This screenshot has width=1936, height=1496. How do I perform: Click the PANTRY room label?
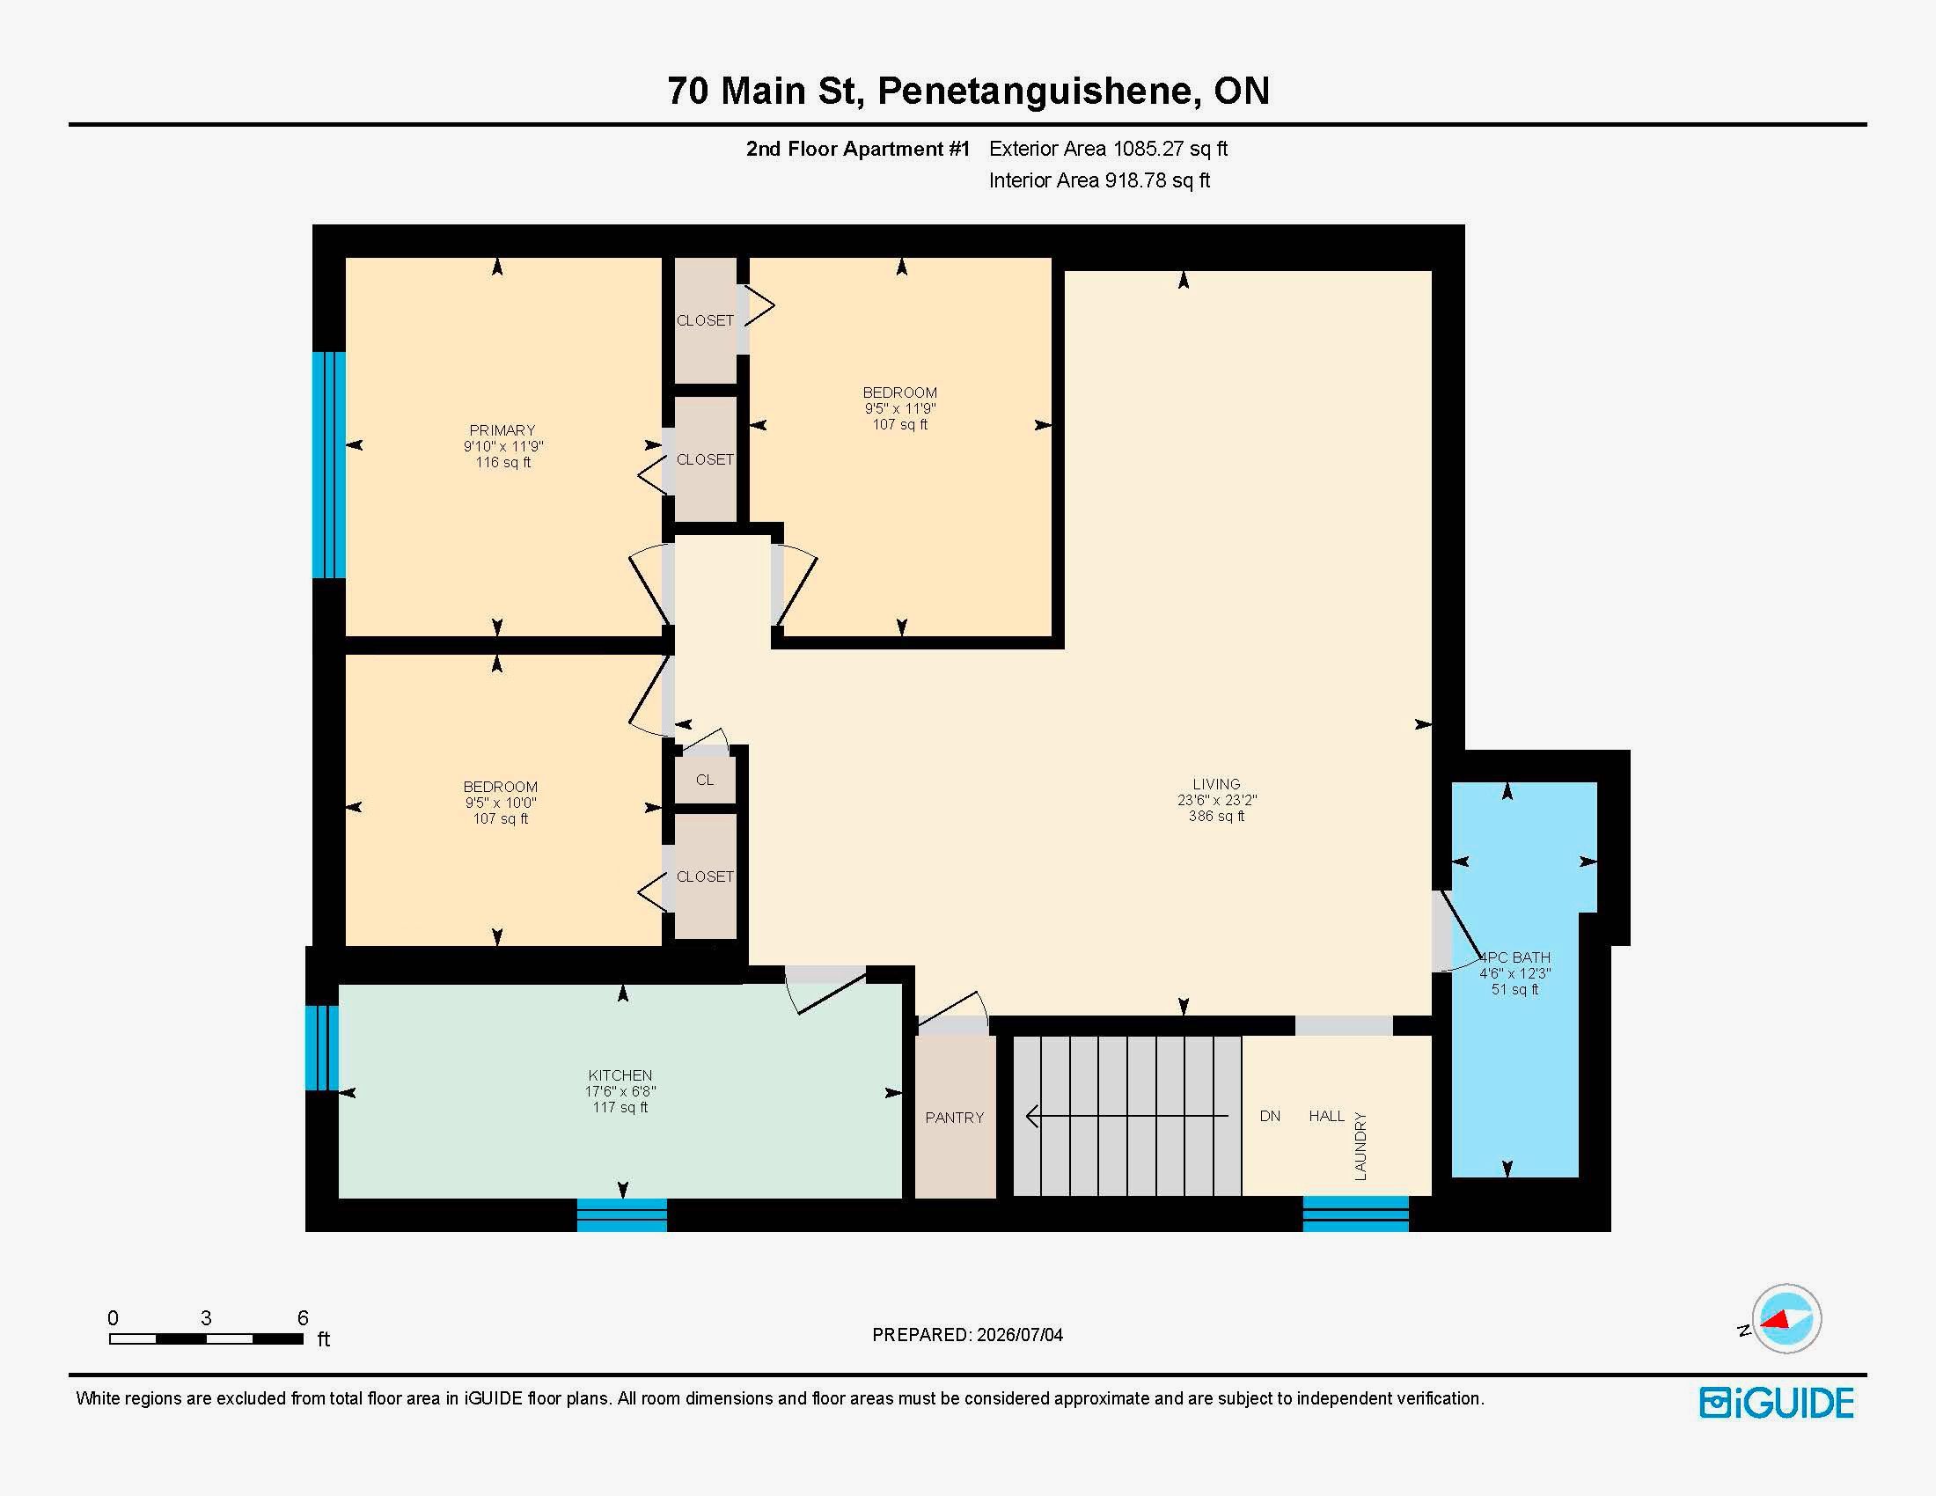coord(954,1118)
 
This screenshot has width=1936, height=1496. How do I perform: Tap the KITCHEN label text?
coord(620,1075)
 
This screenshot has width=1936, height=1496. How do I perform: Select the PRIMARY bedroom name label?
coord(502,429)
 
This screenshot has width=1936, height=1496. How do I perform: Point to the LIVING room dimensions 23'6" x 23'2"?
coord(1216,799)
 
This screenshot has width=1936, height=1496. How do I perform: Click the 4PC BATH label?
coord(1515,957)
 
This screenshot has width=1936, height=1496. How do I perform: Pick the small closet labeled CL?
coord(705,780)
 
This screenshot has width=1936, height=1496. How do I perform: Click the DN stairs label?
coord(1269,1116)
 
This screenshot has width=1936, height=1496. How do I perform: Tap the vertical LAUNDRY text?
coord(1360,1146)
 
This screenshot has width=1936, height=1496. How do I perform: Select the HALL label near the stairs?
coord(1326,1116)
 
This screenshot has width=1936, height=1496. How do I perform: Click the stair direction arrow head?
coord(1032,1116)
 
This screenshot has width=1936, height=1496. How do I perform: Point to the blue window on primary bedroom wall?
coord(329,466)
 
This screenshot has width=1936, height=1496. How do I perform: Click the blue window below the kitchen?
coord(621,1215)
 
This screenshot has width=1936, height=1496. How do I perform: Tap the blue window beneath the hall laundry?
coord(1355,1214)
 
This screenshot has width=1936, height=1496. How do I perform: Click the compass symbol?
coord(1786,1319)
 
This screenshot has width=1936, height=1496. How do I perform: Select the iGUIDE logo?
coord(1777,1403)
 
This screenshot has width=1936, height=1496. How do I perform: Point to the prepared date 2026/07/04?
coord(1019,1335)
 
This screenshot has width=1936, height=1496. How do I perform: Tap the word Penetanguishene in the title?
coord(1035,92)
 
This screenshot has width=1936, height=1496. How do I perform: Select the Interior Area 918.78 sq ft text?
coord(1099,180)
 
